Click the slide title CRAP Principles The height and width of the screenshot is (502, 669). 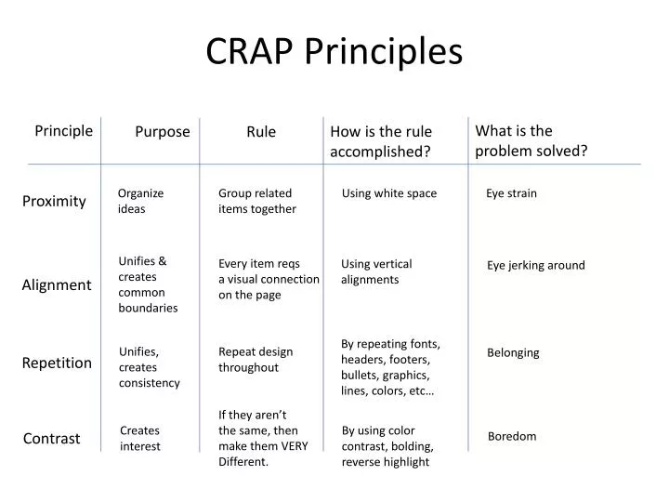[x=334, y=52]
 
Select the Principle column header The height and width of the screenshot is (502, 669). [x=64, y=130]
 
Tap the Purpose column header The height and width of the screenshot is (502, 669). [x=163, y=132]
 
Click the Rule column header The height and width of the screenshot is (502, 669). [x=261, y=132]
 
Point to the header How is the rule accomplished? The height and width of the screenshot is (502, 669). [x=381, y=141]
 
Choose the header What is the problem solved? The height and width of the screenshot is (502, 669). [x=531, y=140]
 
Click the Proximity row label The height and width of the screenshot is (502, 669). [x=54, y=201]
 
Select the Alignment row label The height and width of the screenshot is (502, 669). [x=57, y=285]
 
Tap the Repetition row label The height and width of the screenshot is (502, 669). [x=57, y=363]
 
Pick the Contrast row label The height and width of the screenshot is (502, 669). [x=51, y=438]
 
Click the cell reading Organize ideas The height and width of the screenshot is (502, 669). [x=140, y=201]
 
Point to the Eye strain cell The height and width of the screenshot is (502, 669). [x=511, y=193]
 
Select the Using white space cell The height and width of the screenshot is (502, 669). [x=388, y=193]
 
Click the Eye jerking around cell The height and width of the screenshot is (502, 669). [x=536, y=265]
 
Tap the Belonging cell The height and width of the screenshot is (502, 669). [x=513, y=352]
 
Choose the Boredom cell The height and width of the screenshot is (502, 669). [x=512, y=436]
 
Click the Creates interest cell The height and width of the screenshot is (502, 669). [x=140, y=438]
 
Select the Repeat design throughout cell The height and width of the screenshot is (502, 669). [x=256, y=359]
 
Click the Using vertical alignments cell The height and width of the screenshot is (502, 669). [x=376, y=271]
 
